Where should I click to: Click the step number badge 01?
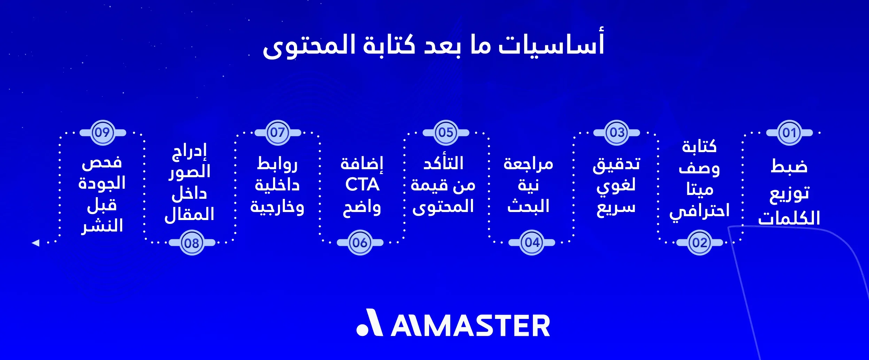point(789,133)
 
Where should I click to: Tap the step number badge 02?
point(699,243)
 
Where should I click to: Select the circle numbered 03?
point(617,133)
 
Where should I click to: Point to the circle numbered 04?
point(532,242)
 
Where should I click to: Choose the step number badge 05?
point(446,133)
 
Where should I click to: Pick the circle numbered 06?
point(360,242)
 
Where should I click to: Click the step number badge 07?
point(278,133)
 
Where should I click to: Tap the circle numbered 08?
point(192,243)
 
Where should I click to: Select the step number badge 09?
point(102,133)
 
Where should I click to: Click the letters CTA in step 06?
point(362,185)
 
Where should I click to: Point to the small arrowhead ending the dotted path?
point(36,243)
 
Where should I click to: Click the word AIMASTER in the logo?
point(470,326)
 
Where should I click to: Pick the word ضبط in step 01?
point(789,166)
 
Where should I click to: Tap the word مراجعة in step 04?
point(528,164)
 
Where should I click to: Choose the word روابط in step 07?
point(277,164)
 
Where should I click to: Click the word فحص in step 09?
point(102,163)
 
